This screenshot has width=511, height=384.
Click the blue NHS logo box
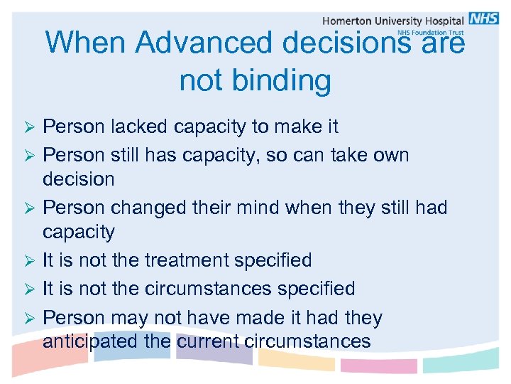click(x=484, y=18)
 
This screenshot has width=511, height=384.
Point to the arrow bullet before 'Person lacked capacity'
click(x=30, y=128)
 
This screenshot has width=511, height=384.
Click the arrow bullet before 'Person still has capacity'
click(x=30, y=155)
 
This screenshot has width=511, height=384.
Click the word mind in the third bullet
click(x=258, y=208)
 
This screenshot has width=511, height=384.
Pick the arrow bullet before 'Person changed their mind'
click(x=30, y=208)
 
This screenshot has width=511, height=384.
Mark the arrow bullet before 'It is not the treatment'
click(x=30, y=262)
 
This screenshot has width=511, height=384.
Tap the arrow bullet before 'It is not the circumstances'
click(x=30, y=290)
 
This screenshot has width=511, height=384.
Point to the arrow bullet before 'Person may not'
click(x=30, y=319)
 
